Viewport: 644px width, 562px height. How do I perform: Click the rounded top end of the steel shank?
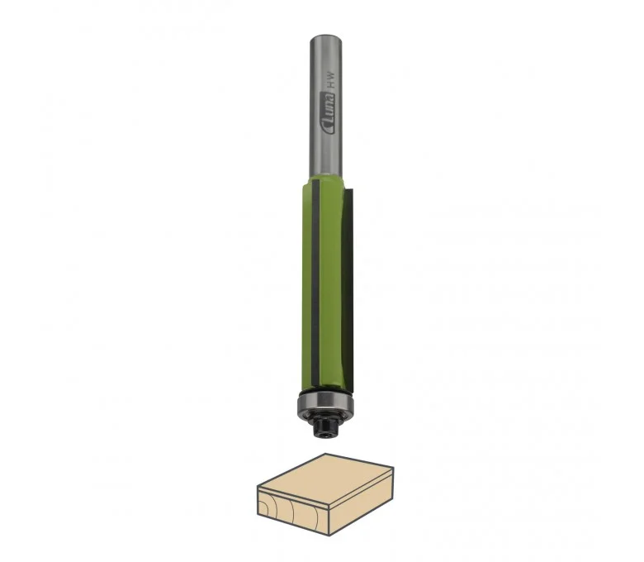(x=326, y=38)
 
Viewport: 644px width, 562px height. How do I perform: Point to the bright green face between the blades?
(x=329, y=283)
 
